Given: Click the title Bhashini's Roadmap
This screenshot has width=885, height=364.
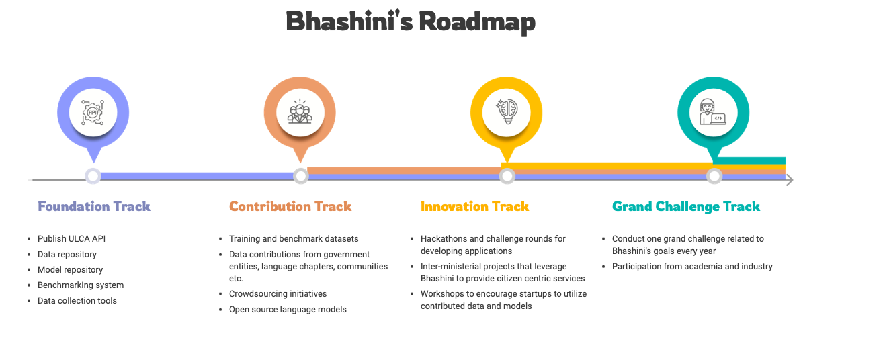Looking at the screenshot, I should [x=411, y=21].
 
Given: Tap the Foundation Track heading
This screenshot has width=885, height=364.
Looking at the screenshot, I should [x=94, y=206].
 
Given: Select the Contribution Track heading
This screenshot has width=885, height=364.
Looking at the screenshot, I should [x=290, y=206].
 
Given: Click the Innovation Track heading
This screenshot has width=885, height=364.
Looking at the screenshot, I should [x=474, y=206].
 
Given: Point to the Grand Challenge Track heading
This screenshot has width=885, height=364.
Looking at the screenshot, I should [x=686, y=206].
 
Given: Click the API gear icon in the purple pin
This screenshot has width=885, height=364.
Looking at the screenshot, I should [x=93, y=111].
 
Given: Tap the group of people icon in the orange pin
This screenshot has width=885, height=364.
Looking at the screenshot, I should [x=300, y=111].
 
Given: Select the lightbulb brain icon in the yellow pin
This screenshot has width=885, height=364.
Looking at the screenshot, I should [x=507, y=111].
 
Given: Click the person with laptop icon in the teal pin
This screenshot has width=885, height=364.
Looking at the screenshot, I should [x=713, y=111].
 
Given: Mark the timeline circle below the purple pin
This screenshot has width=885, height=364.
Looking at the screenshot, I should [x=93, y=176].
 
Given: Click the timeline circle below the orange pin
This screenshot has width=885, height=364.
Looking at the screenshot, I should [x=300, y=176].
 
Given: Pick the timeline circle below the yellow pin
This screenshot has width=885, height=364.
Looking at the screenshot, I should [x=507, y=176].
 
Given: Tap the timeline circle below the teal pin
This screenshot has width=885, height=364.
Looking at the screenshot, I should [x=714, y=176].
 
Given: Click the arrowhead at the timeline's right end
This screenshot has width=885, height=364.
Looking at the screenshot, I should [x=790, y=179].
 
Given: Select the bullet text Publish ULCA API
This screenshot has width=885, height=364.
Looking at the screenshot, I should [x=71, y=238].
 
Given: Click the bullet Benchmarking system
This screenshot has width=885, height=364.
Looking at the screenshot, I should [x=81, y=285].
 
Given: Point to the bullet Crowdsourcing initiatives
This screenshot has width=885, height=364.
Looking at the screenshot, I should [x=278, y=293].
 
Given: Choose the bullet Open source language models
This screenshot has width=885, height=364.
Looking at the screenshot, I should [x=288, y=309].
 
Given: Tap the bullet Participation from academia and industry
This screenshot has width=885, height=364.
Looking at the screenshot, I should [x=692, y=267].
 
